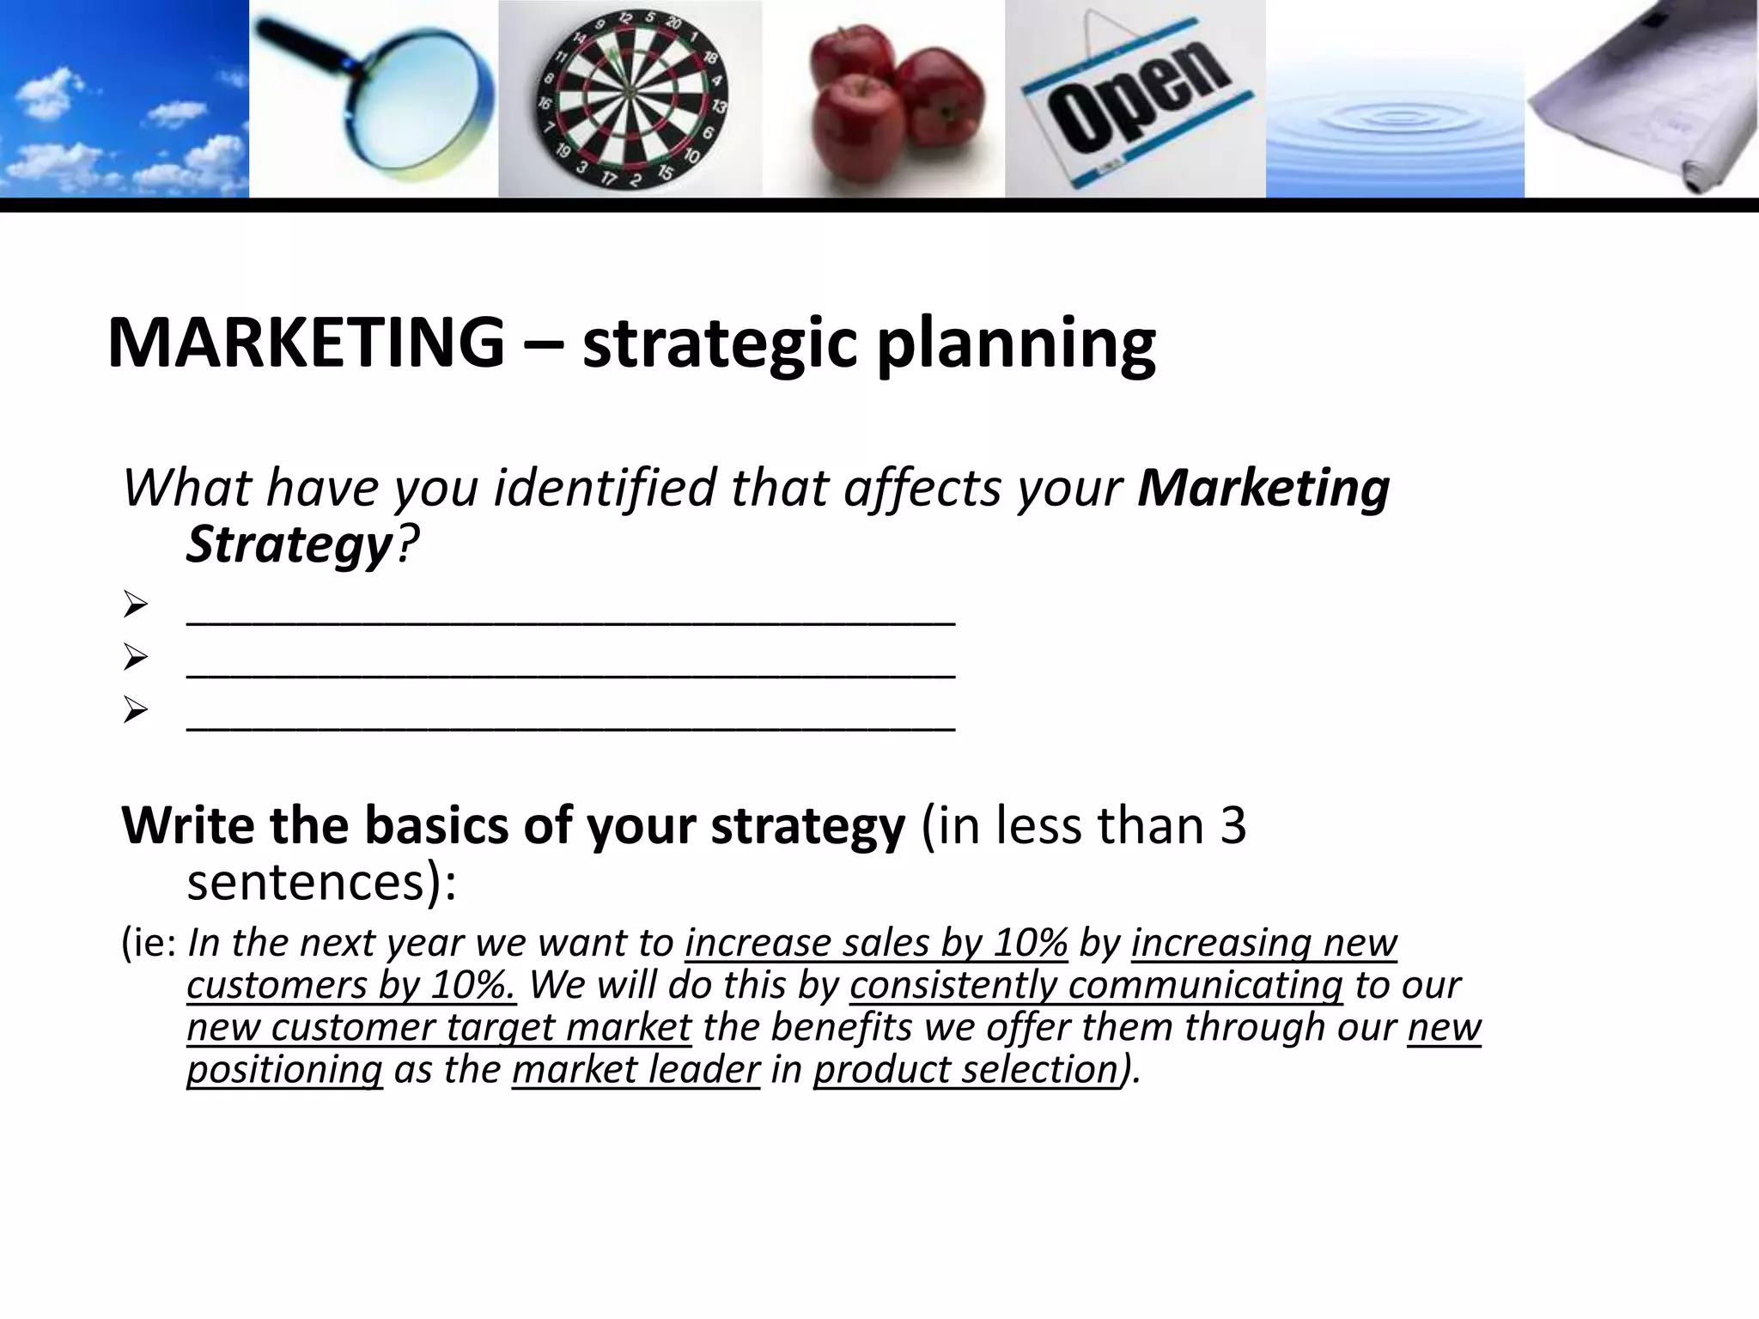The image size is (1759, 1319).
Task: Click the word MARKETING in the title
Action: (x=306, y=342)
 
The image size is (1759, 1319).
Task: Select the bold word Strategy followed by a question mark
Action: (x=289, y=544)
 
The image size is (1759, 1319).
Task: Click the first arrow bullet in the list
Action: (x=136, y=605)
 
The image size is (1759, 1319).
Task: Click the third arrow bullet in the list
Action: (x=136, y=710)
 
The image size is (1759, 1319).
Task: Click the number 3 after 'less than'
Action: (x=1232, y=825)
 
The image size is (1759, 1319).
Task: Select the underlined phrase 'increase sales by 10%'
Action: (x=876, y=943)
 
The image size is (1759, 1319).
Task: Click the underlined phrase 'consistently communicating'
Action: (x=1096, y=985)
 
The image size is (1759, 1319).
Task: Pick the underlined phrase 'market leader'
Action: (x=636, y=1070)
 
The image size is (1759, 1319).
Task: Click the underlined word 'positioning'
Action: (x=284, y=1070)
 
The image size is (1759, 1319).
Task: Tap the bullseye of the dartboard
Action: (x=628, y=93)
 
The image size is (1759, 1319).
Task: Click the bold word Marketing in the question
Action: (x=1263, y=488)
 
